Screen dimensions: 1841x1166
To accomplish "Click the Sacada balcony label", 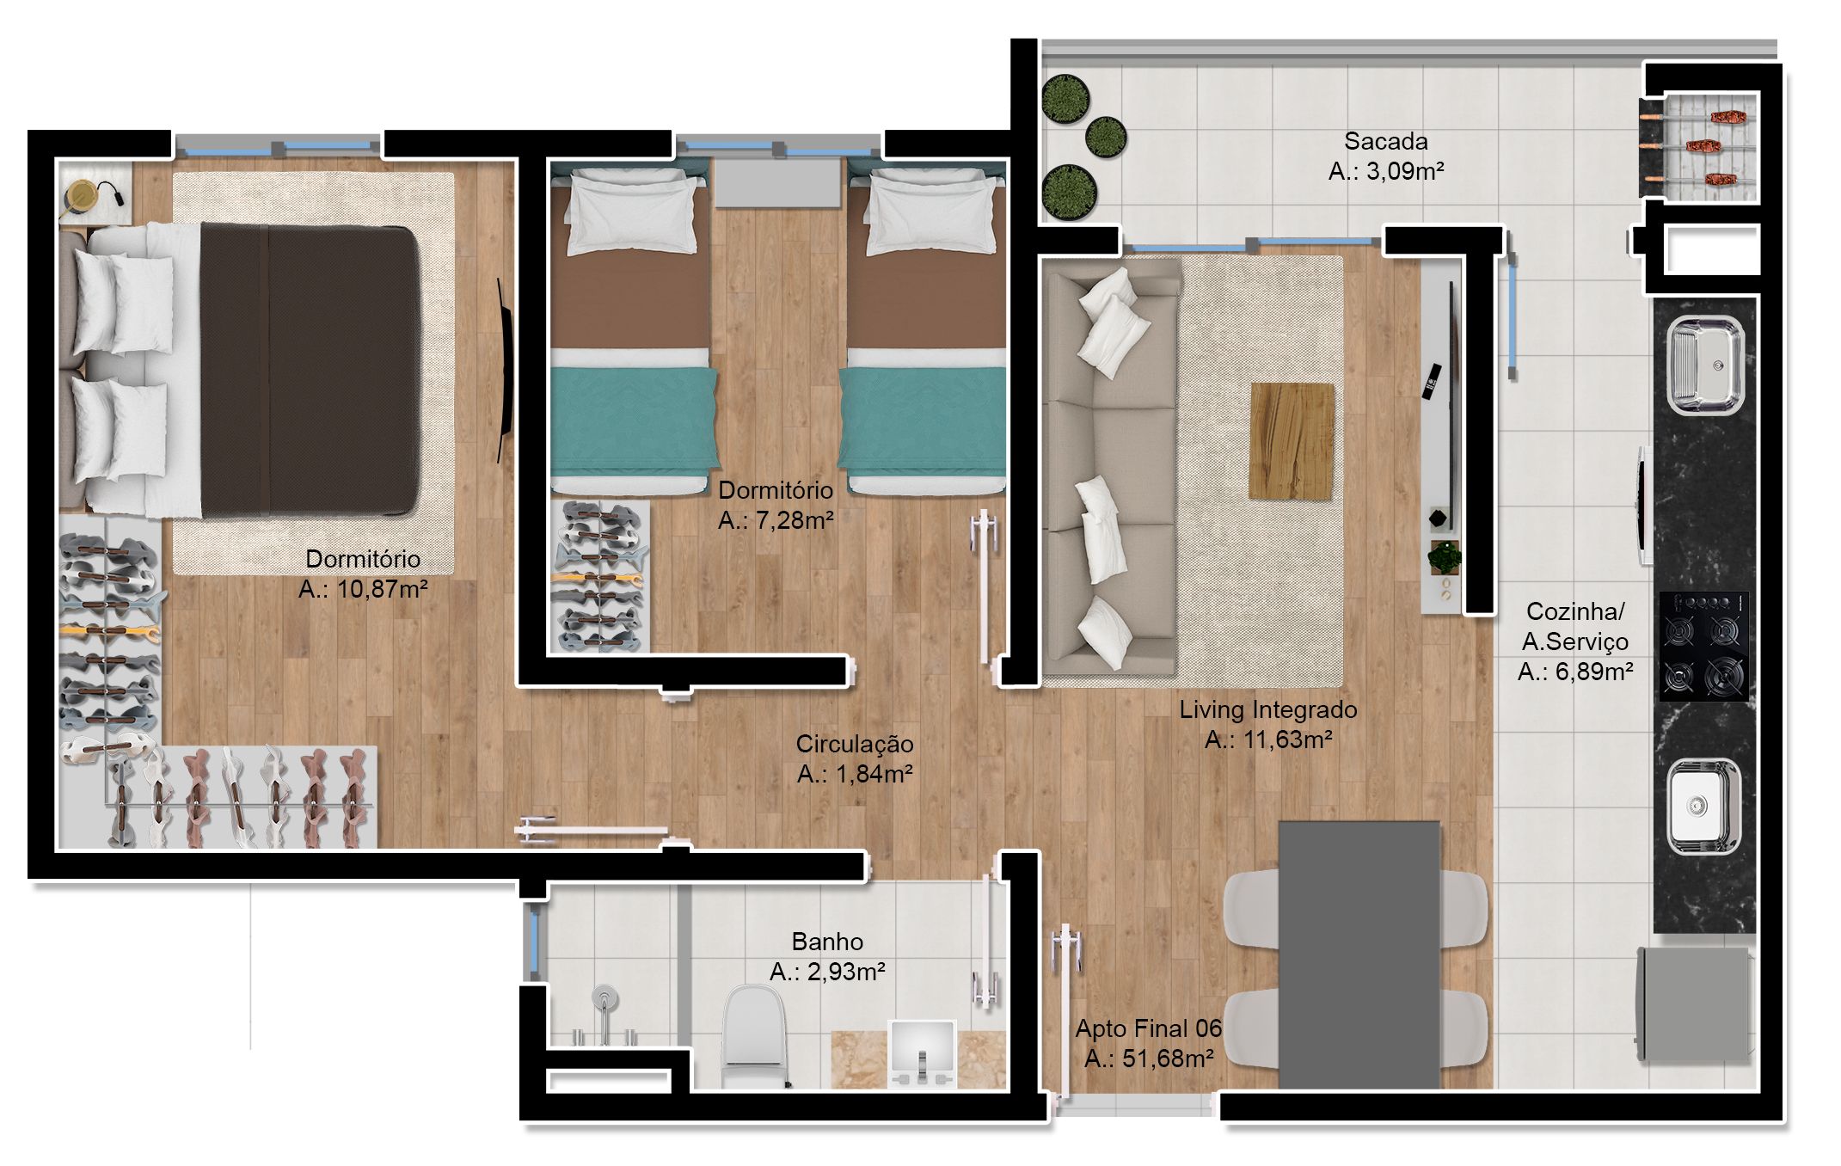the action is [x=1385, y=141].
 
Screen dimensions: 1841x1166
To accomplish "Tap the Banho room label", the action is [x=827, y=942].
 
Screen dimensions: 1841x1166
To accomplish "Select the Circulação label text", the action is [x=855, y=745].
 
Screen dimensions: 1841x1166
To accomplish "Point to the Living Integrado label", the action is [x=1267, y=710].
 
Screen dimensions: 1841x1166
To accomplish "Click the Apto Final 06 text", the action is [x=1148, y=1028].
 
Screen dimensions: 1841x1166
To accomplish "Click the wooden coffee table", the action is [x=1292, y=441].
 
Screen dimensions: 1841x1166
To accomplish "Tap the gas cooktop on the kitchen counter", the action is [x=1703, y=646].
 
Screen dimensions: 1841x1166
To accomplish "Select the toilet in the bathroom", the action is [x=754, y=1036].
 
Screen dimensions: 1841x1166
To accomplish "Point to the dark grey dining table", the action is [x=1359, y=954].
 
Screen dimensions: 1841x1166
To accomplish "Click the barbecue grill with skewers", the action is [x=1699, y=145].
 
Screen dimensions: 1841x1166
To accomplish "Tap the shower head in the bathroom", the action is [x=605, y=997].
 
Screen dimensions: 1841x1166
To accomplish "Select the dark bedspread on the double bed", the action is [x=310, y=370].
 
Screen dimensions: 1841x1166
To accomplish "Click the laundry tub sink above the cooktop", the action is [x=1705, y=366].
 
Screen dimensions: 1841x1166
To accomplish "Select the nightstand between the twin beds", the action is [x=777, y=183].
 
